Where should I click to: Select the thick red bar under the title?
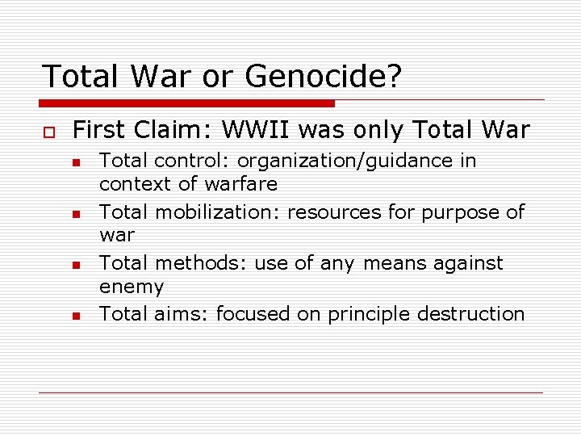187,103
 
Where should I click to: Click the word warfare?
240,184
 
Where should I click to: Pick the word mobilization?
218,212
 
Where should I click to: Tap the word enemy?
131,287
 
